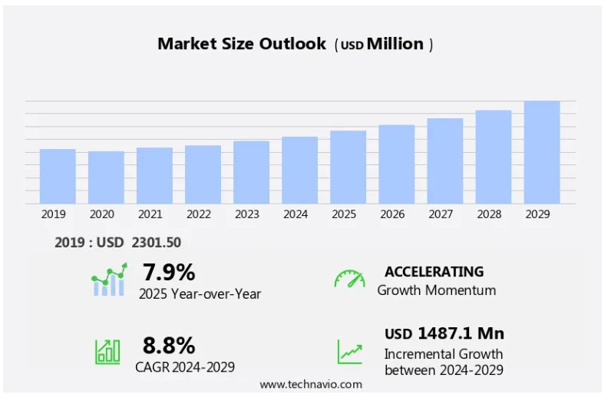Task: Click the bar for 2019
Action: (x=58, y=176)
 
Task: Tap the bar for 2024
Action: (x=299, y=170)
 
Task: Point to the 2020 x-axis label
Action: (x=102, y=214)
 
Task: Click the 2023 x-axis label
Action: (x=247, y=214)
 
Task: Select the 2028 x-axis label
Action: (x=489, y=214)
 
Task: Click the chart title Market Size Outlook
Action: (x=242, y=44)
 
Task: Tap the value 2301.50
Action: (x=156, y=243)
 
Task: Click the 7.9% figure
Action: (x=169, y=272)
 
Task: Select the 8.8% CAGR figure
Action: (x=169, y=345)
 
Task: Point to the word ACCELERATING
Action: (x=434, y=271)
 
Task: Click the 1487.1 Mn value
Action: (x=461, y=333)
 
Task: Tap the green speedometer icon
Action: (x=349, y=279)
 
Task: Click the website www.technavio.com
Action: (x=310, y=384)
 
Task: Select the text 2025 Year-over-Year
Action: (x=200, y=293)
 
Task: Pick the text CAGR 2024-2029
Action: (x=185, y=366)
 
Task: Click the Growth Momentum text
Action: (x=436, y=290)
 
